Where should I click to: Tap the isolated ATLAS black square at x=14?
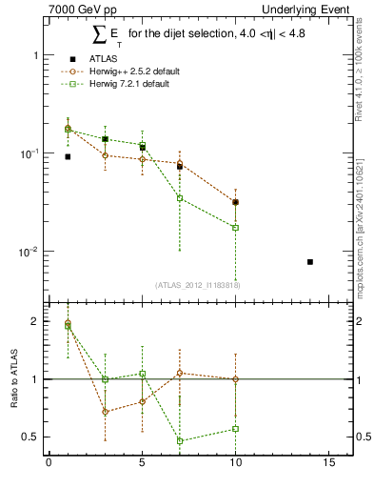pos(310,261)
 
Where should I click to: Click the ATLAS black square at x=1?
pos(68,156)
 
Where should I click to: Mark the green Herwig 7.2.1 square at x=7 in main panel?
pos(179,198)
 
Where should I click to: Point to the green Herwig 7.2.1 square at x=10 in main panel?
pos(235,228)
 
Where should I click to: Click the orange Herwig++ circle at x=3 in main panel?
pos(105,155)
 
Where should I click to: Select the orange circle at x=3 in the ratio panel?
pos(105,412)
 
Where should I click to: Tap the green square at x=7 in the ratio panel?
pos(179,440)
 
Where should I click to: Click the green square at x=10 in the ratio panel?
pos(235,429)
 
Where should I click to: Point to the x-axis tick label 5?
pos(142,466)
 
